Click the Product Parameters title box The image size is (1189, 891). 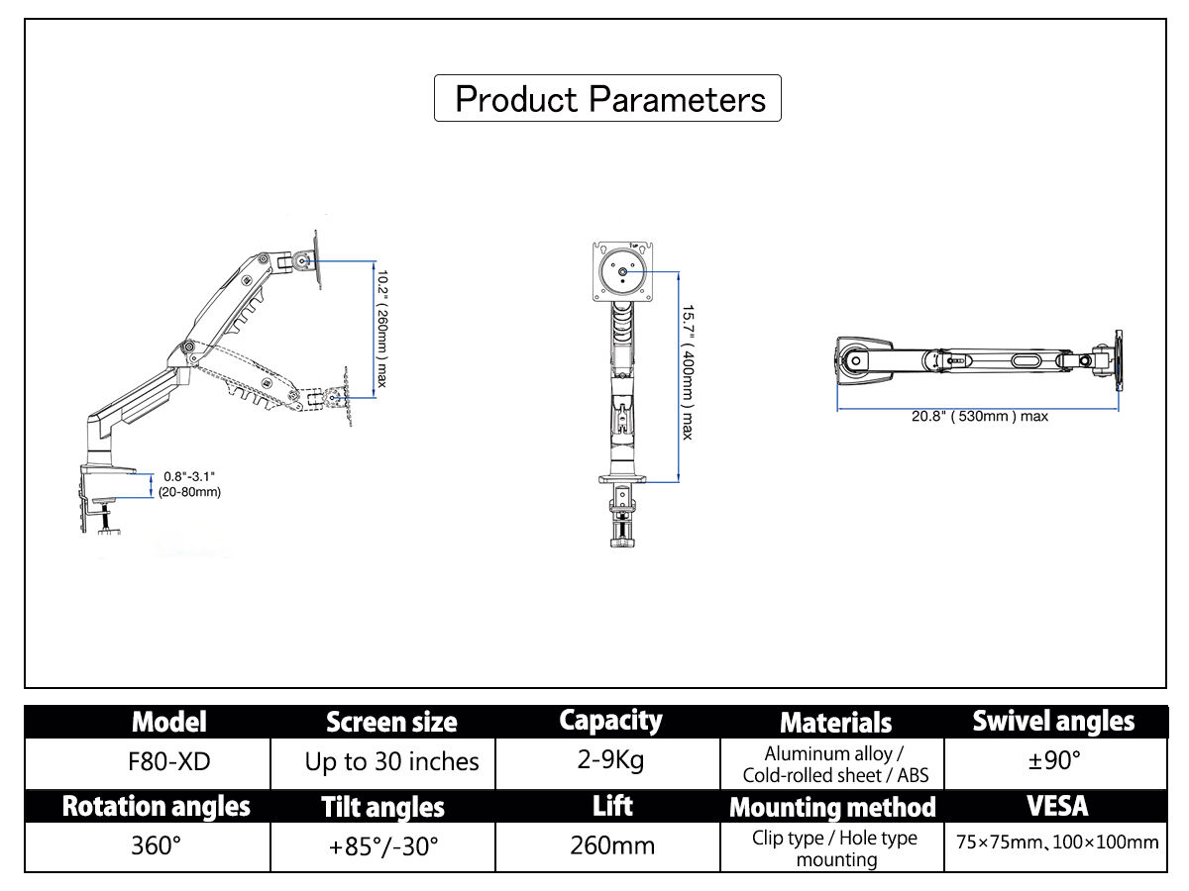607,99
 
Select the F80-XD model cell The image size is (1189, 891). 170,762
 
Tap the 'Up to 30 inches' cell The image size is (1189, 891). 391,762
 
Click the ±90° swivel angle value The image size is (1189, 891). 1054,762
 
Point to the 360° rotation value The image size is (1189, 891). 156,846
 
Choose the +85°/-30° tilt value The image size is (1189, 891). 382,846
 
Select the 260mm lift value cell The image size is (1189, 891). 611,846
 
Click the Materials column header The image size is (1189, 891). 835,723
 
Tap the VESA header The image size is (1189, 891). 1056,806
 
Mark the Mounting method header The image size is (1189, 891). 832,808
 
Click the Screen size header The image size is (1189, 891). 391,723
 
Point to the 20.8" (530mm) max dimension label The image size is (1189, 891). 979,417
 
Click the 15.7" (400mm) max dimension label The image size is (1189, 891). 686,371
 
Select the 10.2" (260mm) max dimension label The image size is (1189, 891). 382,328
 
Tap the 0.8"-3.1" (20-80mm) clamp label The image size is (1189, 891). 189,484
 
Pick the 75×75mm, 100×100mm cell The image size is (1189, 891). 1056,843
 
